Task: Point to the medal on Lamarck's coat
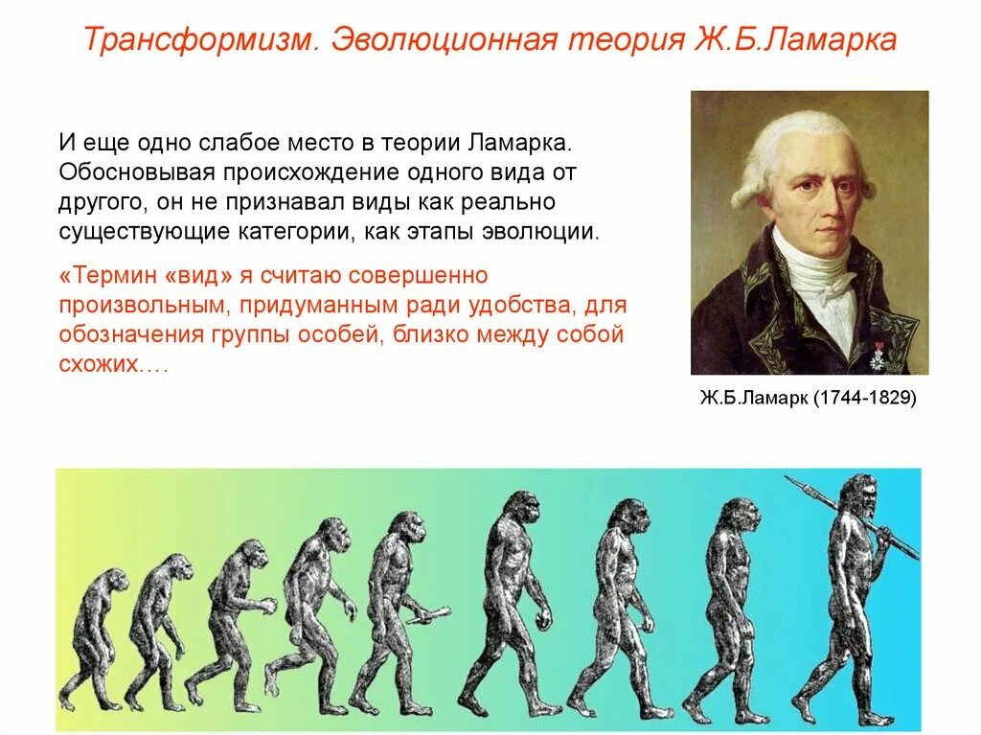(x=875, y=356)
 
